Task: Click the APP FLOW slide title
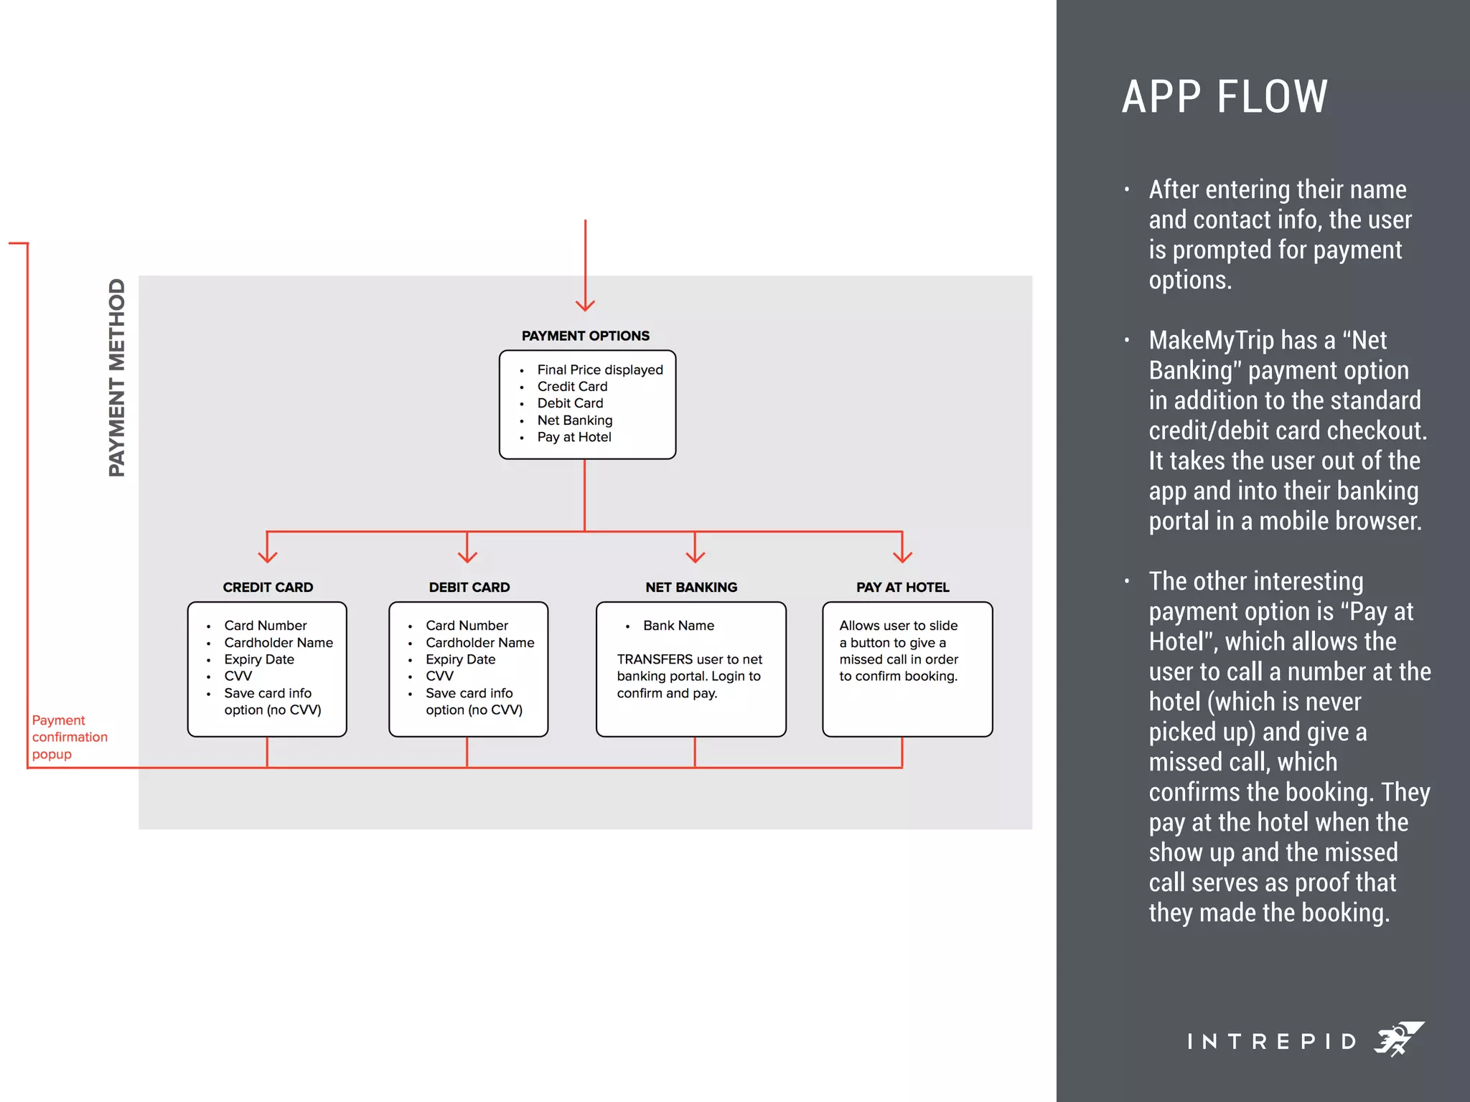1225,97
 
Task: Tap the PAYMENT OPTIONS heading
585,336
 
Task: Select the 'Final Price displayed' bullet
599,369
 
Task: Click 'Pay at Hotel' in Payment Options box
574,437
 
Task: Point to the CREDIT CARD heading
268,587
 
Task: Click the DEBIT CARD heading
469,587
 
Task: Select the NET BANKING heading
690,587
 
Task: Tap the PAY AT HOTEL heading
902,587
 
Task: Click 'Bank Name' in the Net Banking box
678,626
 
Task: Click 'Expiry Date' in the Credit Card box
258,659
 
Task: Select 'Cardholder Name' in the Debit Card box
479,643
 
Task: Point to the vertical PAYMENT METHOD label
116,377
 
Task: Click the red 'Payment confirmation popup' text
69,737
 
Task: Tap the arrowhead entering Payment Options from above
585,306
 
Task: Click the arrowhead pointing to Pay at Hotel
902,557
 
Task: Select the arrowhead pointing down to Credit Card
267,557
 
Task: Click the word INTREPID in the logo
1271,1041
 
